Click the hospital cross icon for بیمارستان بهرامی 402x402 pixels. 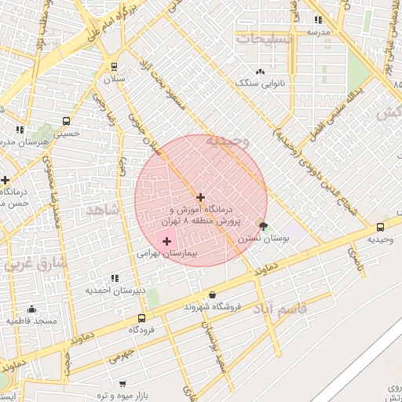[166, 241]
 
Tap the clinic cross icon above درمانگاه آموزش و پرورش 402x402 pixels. [200, 197]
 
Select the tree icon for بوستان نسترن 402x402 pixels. [262, 225]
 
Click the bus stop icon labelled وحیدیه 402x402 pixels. [381, 228]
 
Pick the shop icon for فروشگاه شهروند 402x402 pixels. [190, 295]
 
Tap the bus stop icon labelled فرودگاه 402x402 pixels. [141, 318]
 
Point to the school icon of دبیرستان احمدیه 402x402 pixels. [115, 278]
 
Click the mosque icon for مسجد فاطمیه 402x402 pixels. [32, 309]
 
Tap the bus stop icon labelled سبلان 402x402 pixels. [115, 67]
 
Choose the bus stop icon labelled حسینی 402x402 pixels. [66, 122]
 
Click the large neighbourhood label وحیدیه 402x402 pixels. [227, 141]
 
